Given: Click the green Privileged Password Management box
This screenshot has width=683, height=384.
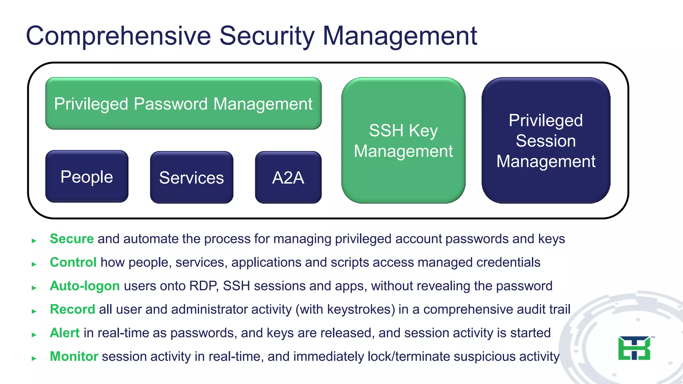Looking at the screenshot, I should coord(183,104).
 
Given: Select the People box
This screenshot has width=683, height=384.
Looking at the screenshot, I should coord(87,177).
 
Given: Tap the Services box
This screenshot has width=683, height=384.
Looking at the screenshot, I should coord(191,178).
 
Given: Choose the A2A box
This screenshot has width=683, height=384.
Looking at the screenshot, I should coord(288,178).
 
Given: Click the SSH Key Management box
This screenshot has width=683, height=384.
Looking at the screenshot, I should coord(403,141).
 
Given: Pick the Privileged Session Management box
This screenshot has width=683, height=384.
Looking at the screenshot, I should coord(546,141).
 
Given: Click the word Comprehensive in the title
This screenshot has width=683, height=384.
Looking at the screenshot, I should coord(118,36).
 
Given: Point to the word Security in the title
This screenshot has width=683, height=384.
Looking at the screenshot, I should coord(267,36).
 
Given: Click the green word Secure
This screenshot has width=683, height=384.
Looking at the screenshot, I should coord(72,239).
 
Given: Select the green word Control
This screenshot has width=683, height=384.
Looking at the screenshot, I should coord(73,262).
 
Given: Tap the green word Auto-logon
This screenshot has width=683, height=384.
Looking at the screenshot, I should coord(85,286).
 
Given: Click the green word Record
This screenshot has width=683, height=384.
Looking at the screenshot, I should coord(72,309).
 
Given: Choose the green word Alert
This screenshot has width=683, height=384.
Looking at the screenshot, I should coord(65,333).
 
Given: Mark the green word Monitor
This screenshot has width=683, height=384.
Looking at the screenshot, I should coord(74,356).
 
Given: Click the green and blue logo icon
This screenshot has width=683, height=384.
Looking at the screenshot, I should coord(634,348).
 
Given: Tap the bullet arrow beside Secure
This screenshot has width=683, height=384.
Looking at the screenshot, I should coord(34,241).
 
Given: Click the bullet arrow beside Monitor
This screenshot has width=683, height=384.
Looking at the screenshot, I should coord(34,358).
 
